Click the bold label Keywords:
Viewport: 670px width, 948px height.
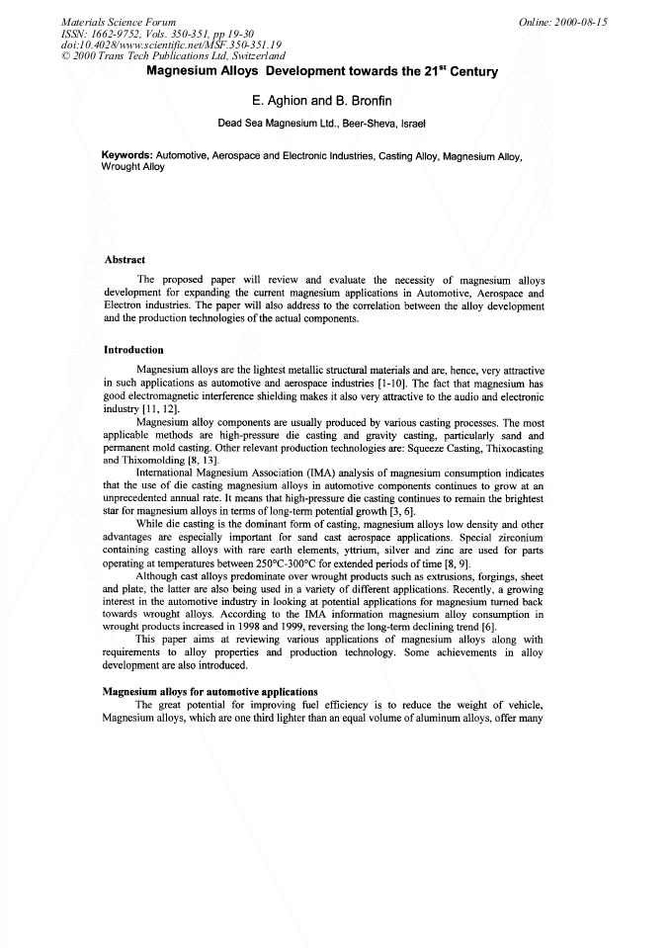(x=127, y=156)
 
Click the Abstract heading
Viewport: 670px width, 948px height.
(x=125, y=260)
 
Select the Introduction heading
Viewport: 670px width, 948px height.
(x=133, y=350)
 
